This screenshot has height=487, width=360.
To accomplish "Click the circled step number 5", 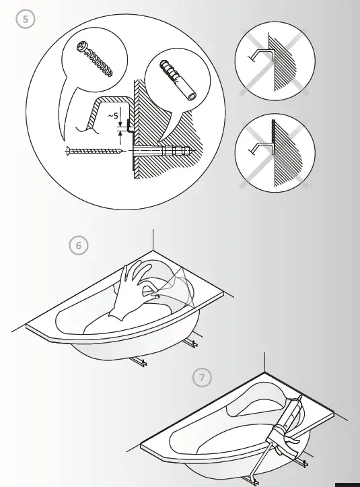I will coord(25,20).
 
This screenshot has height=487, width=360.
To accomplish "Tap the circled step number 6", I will coord(79,245).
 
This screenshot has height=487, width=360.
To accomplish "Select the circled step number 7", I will coord(201,377).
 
